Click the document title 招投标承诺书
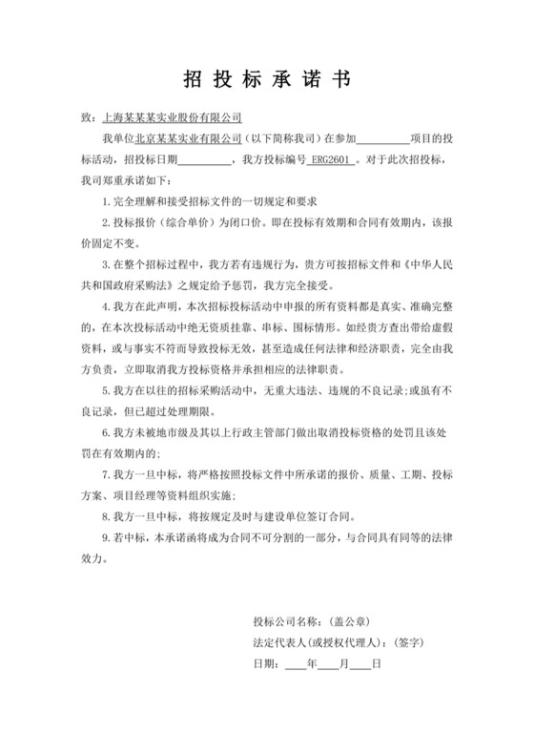pos(266,80)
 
